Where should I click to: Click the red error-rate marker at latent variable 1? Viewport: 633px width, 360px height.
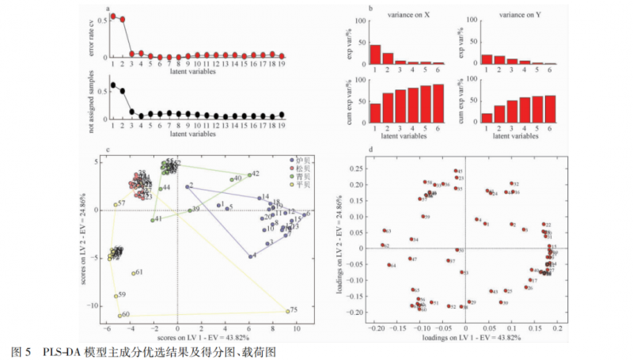[113, 15]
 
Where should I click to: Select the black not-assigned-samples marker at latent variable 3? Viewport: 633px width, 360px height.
[132, 112]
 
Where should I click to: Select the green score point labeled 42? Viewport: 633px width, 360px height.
[249, 175]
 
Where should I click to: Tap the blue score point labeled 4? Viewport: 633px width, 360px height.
[251, 256]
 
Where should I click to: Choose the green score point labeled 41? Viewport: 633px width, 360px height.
[153, 220]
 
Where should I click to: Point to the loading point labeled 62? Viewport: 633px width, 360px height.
[382, 246]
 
